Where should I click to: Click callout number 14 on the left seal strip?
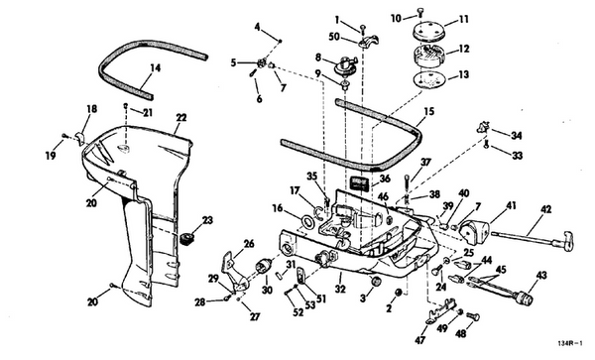156,68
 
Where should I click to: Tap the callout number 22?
181,118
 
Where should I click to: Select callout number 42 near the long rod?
546,209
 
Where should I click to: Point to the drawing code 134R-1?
569,344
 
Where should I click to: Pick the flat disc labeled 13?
427,80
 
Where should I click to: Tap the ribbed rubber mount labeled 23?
187,239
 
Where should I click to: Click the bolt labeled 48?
473,316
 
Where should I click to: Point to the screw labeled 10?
419,13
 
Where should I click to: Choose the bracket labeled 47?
440,310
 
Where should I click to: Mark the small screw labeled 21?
126,106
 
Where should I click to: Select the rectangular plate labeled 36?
359,184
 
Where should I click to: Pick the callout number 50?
334,37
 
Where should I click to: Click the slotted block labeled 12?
428,55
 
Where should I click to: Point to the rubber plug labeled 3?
376,283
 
